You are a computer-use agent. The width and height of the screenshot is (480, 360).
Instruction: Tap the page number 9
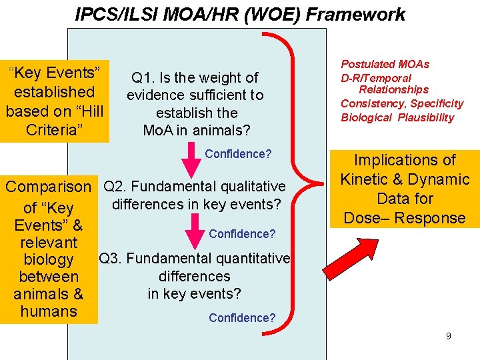449,336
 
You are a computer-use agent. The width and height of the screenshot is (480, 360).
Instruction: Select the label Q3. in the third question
111,258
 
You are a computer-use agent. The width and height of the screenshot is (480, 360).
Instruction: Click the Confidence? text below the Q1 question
238,154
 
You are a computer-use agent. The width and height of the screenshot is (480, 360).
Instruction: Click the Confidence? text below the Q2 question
242,234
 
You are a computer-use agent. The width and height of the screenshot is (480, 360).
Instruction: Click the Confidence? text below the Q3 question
242,318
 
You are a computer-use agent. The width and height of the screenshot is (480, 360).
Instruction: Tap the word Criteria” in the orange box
55,129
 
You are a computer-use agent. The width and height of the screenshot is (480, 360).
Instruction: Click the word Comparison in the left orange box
48,187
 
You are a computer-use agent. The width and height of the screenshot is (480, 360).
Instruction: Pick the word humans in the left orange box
49,311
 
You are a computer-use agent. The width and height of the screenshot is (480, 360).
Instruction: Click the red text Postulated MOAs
385,65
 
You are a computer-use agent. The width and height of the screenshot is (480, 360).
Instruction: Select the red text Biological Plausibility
397,118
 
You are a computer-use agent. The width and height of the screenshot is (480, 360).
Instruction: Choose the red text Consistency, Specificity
401,103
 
